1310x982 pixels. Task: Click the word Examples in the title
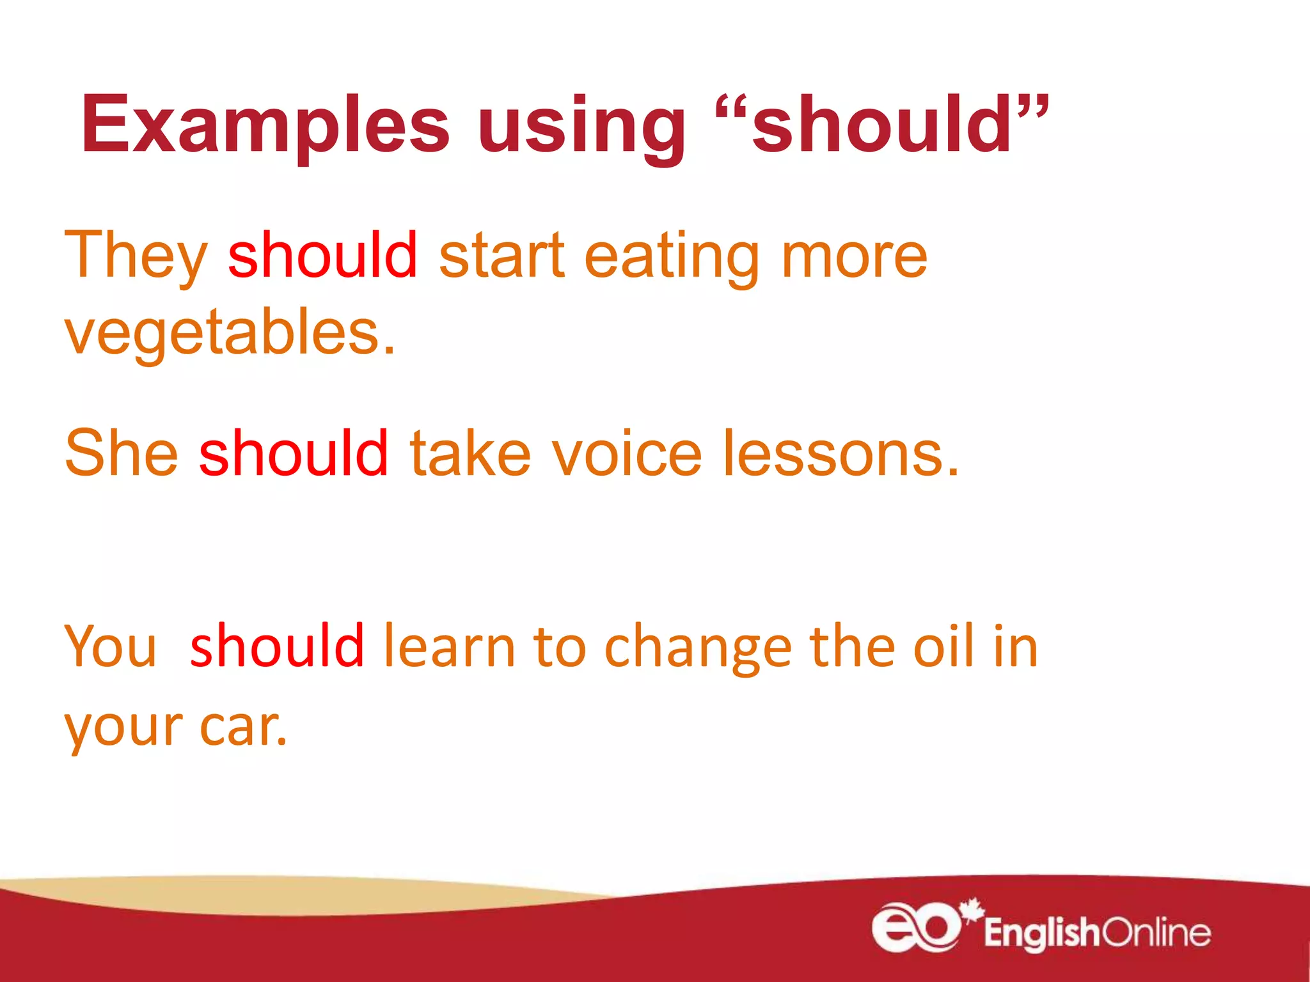click(x=265, y=125)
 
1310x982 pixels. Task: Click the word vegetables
click(x=230, y=332)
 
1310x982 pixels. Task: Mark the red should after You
click(x=277, y=646)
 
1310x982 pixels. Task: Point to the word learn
click(x=449, y=647)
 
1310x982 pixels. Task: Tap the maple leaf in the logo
click(x=972, y=910)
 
